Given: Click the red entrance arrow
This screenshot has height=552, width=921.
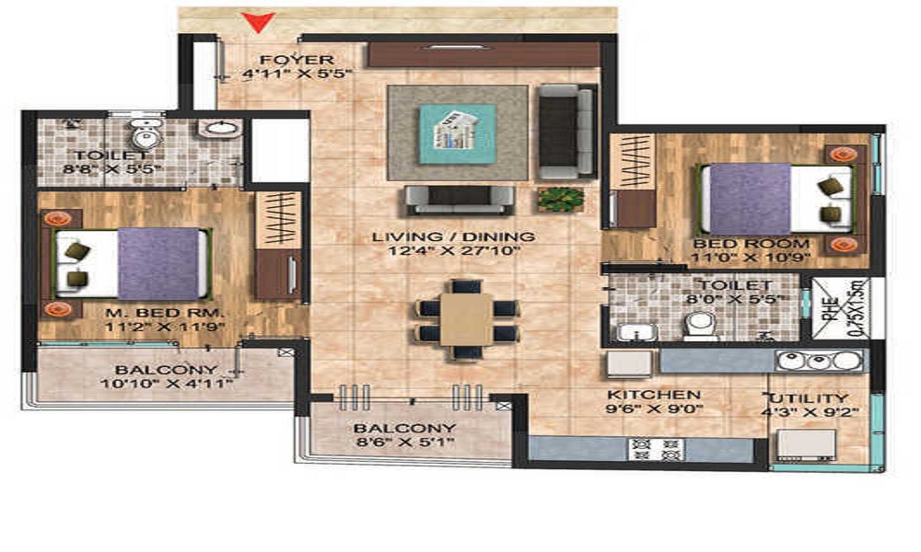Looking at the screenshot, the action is click(258, 22).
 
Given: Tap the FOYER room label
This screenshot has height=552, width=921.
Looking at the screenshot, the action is click(297, 60).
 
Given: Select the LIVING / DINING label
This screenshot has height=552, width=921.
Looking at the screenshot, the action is click(453, 237).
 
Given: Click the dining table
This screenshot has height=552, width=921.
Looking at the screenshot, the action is click(466, 318).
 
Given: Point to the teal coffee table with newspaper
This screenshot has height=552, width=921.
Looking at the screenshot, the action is click(457, 133).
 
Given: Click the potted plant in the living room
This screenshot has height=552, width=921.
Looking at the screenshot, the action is click(561, 200).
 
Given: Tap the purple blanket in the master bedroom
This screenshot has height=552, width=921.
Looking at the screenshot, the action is click(158, 263).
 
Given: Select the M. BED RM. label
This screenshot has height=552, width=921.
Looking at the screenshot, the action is click(165, 313).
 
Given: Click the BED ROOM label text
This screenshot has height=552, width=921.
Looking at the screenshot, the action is click(752, 244).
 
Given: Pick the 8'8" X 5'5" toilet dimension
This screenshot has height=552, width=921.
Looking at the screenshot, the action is click(111, 169).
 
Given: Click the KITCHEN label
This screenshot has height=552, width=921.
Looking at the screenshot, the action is click(653, 395).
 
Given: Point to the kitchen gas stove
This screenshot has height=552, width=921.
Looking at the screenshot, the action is click(656, 449).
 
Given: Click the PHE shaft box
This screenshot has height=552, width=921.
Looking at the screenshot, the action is click(841, 307).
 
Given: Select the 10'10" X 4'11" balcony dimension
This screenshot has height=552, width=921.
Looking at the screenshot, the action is click(167, 385).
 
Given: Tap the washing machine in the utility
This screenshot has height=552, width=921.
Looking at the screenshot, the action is click(807, 444).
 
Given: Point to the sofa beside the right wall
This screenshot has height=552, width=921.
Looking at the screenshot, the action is click(566, 132).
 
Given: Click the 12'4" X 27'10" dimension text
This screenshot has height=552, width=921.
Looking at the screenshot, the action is click(454, 251).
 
